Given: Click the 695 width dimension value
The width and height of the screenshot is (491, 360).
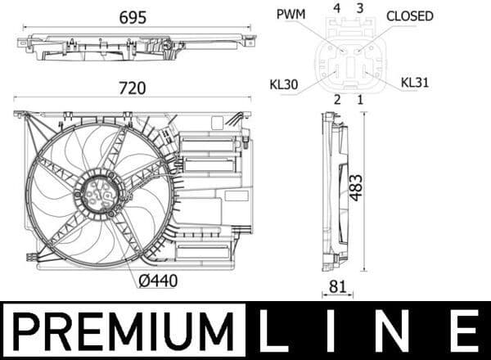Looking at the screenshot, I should coord(133,18).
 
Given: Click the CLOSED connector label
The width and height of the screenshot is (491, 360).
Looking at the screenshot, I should coord(409,16).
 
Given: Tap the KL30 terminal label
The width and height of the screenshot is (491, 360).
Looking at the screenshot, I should coord(283,83).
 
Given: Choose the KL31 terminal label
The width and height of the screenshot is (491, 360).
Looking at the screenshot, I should coord(414,83).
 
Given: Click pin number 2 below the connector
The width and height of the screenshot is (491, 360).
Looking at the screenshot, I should coord(336,99).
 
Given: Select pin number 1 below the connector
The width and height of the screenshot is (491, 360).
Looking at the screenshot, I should coord(359,99).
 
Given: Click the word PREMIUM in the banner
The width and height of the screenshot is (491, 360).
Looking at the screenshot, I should coord(123,331).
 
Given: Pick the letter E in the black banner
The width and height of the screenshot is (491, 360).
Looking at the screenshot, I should coord(465,331).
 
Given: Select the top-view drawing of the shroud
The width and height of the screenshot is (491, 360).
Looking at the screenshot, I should coord(131,47).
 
